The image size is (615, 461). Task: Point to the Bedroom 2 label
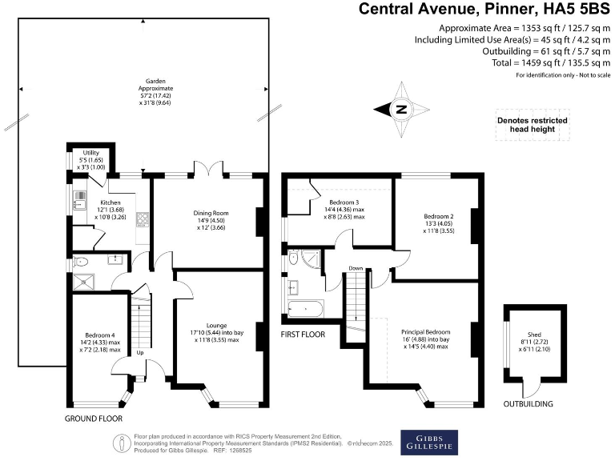click(439, 217)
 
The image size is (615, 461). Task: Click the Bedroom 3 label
click(344, 202)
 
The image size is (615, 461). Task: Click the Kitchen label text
click(109, 203)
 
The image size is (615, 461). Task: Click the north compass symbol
click(402, 110)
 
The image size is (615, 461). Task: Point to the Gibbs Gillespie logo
click(436, 442)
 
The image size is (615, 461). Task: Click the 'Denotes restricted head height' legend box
click(531, 126)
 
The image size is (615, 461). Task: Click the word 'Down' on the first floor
click(356, 269)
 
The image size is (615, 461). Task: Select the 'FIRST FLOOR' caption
click(303, 333)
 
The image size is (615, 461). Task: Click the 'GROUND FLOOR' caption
click(94, 419)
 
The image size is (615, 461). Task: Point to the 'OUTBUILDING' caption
click(528, 405)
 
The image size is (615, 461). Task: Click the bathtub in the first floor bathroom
click(303, 309)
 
